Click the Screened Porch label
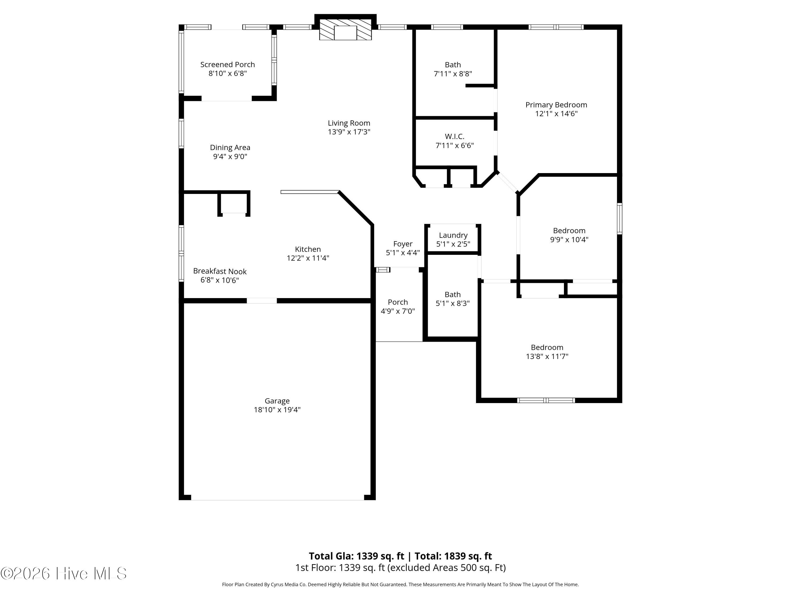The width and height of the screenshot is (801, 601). [x=227, y=64]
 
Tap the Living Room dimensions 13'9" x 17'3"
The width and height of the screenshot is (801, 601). [x=349, y=132]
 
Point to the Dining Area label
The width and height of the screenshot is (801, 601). [x=230, y=147]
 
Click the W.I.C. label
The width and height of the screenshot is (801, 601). [x=454, y=136]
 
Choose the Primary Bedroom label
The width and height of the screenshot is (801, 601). [x=556, y=105]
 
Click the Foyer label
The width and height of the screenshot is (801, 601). [x=403, y=244]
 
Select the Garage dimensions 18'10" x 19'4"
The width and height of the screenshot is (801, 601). [x=277, y=410]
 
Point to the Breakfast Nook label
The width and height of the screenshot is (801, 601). [x=220, y=271]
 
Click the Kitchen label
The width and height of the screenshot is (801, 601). [x=308, y=249]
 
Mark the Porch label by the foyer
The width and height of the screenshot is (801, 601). [x=398, y=302]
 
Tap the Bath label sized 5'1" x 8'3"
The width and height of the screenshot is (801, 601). [x=453, y=295]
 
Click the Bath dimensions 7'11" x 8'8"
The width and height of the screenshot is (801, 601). [x=453, y=73]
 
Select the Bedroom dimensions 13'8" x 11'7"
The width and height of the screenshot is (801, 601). [x=547, y=356]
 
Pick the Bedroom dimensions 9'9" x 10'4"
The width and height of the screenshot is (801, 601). [x=569, y=239]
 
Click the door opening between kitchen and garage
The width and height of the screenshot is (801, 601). [x=261, y=301]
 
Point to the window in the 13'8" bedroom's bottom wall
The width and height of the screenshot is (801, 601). [x=546, y=400]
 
